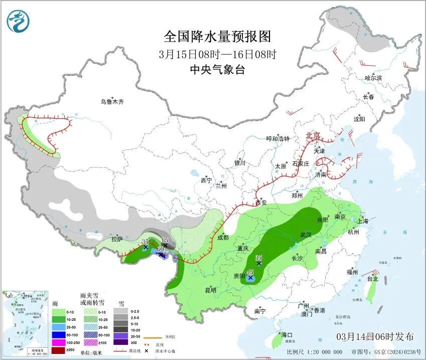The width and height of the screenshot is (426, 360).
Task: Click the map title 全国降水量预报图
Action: click(x=217, y=37)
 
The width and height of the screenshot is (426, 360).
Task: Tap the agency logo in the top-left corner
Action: click(x=18, y=21)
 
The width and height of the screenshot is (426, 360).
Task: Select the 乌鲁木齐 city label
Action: click(x=111, y=102)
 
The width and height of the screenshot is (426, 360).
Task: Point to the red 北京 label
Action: click(x=313, y=136)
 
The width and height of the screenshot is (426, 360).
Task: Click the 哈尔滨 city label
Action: click(x=373, y=78)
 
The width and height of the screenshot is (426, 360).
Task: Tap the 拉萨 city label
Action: click(x=117, y=239)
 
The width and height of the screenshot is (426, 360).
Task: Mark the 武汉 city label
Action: click(x=306, y=235)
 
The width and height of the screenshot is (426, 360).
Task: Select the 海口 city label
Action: click(x=287, y=334)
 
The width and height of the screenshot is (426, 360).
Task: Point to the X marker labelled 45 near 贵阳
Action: click(x=250, y=277)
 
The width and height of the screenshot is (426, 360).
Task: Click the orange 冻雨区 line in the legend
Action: click(x=146, y=338)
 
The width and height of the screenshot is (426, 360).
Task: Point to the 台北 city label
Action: click(x=372, y=279)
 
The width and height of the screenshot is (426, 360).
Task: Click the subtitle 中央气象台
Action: click(x=217, y=70)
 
